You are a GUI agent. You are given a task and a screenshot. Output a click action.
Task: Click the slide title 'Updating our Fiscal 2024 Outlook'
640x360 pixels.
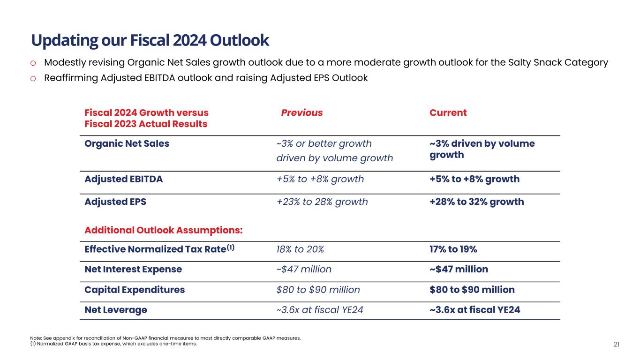tap(150, 41)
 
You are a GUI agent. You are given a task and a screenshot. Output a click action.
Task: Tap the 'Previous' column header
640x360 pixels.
tap(302, 113)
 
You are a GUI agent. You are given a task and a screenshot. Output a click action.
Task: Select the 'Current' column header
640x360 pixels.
tap(448, 113)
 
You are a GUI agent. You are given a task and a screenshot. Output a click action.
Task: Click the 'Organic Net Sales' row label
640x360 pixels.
tap(127, 143)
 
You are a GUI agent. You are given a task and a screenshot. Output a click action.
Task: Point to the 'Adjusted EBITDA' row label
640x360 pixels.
tap(123, 179)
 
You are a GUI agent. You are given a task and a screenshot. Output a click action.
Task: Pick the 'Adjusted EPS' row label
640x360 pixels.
tap(115, 202)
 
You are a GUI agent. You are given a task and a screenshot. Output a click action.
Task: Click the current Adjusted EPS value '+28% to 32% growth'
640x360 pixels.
tap(476, 202)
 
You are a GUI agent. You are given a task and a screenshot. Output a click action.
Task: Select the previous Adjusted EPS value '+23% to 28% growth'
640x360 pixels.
tap(322, 202)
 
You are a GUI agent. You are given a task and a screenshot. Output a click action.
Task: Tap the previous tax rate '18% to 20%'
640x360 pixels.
tap(300, 249)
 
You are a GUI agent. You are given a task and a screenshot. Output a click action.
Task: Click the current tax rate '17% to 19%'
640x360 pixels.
tap(453, 249)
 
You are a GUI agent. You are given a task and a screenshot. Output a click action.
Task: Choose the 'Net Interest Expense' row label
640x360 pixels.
tap(133, 270)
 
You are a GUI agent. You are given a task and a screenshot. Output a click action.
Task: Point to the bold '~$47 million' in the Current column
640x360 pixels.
tap(459, 270)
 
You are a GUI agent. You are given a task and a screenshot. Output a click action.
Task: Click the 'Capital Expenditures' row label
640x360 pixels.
tap(135, 290)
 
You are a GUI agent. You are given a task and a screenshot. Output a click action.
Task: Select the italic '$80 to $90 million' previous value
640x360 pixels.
tap(318, 290)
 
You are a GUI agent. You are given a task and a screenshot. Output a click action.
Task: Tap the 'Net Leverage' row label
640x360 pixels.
tap(115, 310)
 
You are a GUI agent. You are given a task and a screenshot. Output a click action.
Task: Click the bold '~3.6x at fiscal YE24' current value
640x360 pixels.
tap(474, 310)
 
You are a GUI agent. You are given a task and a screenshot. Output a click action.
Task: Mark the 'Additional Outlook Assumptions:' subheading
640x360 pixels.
tap(163, 230)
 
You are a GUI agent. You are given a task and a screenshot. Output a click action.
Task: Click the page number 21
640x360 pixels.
tap(617, 345)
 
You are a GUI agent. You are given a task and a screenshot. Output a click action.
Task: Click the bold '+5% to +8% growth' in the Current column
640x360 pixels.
tap(474, 179)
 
